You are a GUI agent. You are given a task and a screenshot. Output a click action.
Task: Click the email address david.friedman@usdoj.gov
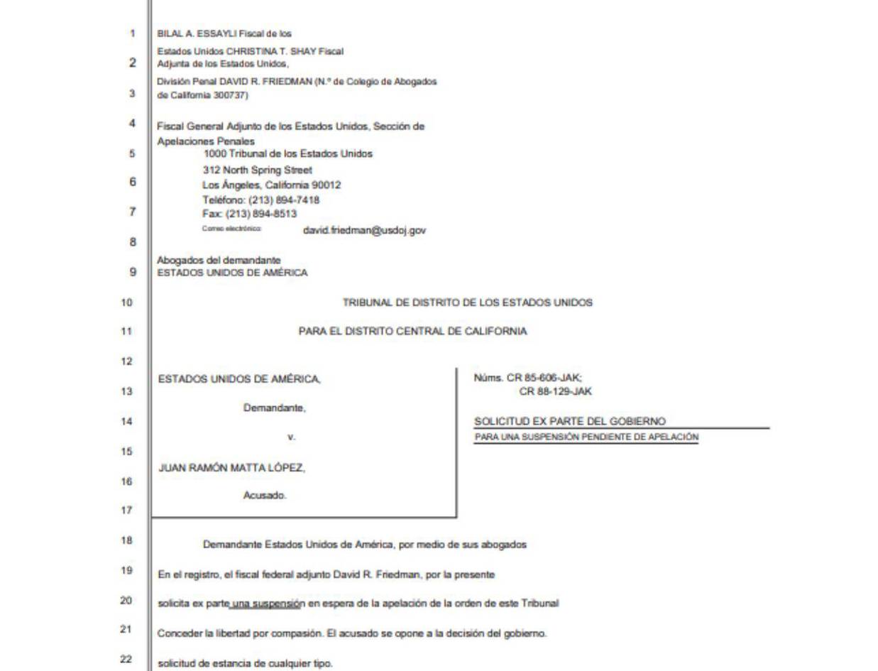tap(364, 230)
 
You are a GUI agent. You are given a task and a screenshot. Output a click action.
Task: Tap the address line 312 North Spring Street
tap(257, 170)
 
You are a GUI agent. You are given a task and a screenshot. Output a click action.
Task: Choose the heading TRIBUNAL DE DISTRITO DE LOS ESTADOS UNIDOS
tap(467, 302)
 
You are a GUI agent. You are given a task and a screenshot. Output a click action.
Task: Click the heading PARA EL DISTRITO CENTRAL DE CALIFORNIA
tap(412, 331)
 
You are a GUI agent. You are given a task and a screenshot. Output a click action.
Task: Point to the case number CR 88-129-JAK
tap(556, 391)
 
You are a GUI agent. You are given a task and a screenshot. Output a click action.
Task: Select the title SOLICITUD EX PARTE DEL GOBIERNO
tap(570, 422)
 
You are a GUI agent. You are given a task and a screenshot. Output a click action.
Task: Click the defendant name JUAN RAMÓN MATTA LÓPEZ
tap(231, 468)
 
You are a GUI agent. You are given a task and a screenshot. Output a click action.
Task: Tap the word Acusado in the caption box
tap(265, 496)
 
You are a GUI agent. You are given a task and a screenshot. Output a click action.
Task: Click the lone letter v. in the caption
tap(291, 437)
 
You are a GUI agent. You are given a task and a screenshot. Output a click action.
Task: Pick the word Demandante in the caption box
tap(274, 408)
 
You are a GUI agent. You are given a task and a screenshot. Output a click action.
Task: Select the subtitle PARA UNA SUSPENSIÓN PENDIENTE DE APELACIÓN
tap(586, 437)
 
